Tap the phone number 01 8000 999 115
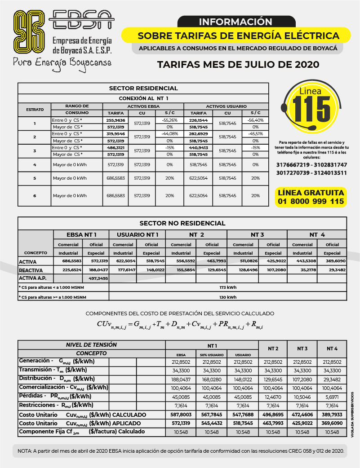click(x=311, y=202)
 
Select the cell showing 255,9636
click(x=116, y=120)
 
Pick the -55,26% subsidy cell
click(x=169, y=120)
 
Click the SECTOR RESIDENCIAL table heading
click(x=143, y=88)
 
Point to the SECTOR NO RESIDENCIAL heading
click(x=182, y=223)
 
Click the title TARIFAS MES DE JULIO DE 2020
click(x=238, y=64)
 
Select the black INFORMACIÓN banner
click(x=236, y=22)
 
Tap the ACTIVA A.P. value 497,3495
click(x=96, y=278)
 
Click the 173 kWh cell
click(x=228, y=287)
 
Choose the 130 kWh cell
click(x=228, y=297)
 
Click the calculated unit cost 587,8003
click(x=181, y=415)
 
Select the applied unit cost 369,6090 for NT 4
click(x=332, y=423)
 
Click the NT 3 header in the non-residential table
click(x=257, y=234)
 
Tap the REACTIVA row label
click(x=31, y=270)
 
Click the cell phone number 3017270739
click(x=292, y=173)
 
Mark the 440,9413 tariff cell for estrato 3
click(x=198, y=147)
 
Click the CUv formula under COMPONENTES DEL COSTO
click(x=179, y=325)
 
